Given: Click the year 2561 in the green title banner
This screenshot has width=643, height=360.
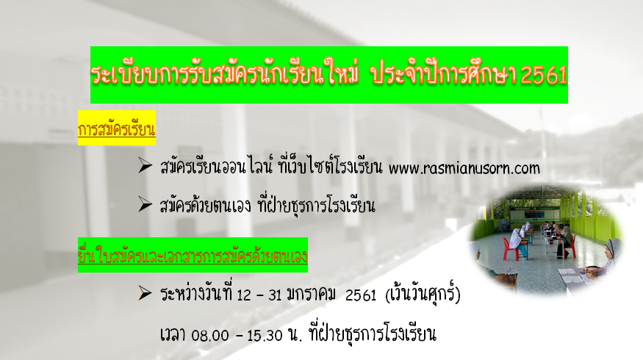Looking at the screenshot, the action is click(x=544, y=75).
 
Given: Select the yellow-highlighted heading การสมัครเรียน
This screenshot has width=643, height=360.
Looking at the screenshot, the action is click(x=116, y=129).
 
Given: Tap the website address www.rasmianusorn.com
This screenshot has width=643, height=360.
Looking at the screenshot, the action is click(x=464, y=168).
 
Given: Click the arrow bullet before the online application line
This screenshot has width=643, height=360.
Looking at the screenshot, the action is click(x=146, y=165).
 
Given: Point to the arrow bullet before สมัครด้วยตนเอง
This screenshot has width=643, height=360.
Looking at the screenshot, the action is click(x=146, y=204).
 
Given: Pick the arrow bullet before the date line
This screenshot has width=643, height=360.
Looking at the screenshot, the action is click(x=146, y=292).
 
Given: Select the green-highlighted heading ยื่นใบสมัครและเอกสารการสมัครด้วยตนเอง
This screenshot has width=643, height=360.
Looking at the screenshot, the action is click(x=193, y=256).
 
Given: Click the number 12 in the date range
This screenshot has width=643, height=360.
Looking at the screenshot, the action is click(x=243, y=295).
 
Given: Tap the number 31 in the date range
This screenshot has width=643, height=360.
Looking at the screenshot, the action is click(x=275, y=295).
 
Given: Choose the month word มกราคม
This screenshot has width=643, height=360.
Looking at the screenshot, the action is click(x=312, y=295).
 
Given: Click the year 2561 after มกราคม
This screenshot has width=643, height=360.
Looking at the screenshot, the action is click(x=361, y=295).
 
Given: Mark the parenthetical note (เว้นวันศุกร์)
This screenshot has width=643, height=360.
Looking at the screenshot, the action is click(x=423, y=294).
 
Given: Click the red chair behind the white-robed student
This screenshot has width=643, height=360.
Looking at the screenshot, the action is click(x=510, y=248).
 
